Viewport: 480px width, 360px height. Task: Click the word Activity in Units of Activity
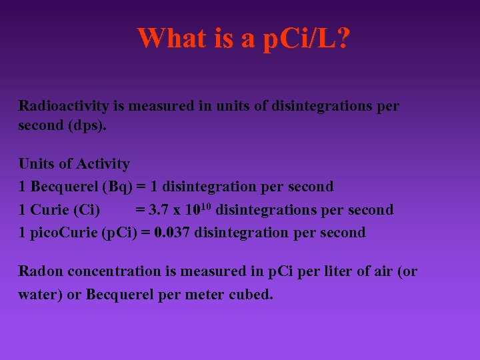[x=103, y=163]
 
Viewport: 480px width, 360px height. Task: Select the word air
[x=385, y=271]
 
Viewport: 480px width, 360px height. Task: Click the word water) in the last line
[x=40, y=294]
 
